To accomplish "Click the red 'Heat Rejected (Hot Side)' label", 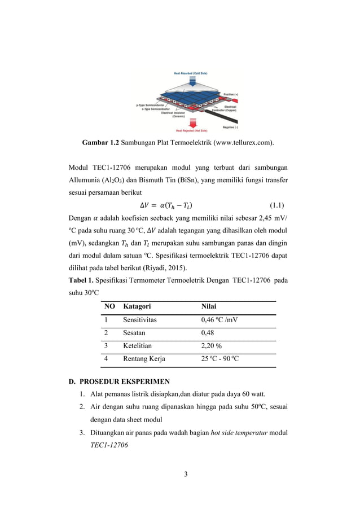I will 194,130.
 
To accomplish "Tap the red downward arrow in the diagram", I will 193,121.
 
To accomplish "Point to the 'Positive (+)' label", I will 232,95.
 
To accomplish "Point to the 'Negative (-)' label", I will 233,128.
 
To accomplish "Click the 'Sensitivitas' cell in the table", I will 139,320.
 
